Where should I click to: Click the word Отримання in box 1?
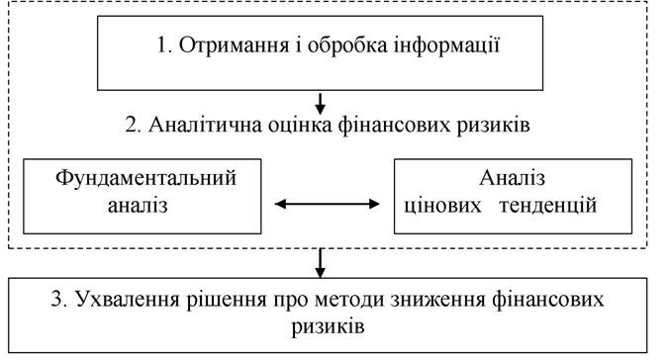coord(234,45)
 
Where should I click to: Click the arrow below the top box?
coord(320,104)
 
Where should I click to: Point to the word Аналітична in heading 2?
coord(205,125)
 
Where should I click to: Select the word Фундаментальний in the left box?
coord(145,177)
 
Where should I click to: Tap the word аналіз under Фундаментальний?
coord(138,206)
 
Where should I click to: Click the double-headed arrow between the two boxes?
coord(328,205)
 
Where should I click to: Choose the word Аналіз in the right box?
coord(512,177)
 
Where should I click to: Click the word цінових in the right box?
coord(442,206)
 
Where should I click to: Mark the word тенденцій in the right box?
coord(548,206)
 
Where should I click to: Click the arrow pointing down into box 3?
coord(320,263)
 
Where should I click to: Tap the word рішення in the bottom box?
coord(227,300)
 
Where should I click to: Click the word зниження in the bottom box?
coord(438,300)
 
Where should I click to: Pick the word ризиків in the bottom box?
coord(328,327)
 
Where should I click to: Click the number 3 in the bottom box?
coord(58,299)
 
